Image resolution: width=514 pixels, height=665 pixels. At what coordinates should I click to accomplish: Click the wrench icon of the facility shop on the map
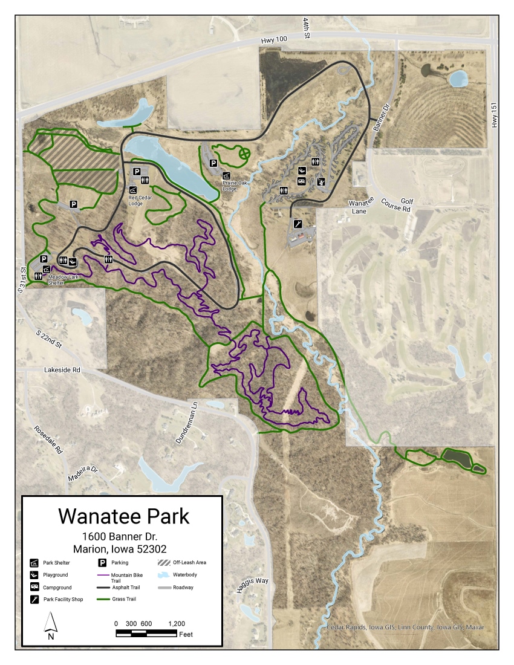point(298,224)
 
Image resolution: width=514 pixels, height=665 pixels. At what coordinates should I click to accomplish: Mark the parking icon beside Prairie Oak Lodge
point(213,163)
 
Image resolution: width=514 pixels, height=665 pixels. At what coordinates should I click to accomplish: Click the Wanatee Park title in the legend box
point(123,516)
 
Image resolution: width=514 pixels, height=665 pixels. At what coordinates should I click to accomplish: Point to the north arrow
point(51,625)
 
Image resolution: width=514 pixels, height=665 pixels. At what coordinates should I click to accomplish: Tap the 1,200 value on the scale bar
point(176,623)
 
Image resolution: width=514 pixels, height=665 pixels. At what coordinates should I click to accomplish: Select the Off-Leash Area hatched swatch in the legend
point(164,562)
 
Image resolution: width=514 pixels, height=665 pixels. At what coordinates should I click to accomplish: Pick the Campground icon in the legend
point(34,587)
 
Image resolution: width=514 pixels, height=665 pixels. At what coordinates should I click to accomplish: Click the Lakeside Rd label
point(62,369)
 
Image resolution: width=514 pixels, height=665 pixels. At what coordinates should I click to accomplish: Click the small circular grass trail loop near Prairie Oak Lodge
point(244,154)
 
